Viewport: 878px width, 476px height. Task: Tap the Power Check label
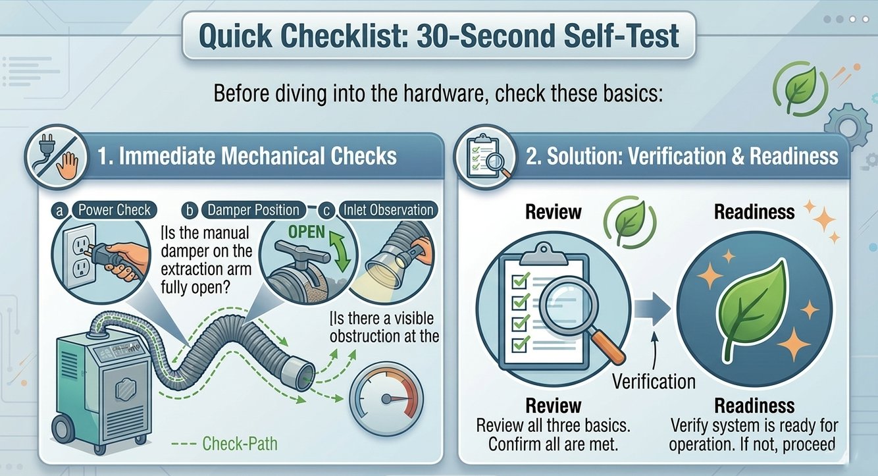click(x=115, y=210)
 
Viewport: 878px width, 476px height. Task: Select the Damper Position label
click(x=253, y=210)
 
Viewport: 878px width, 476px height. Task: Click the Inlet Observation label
click(x=388, y=210)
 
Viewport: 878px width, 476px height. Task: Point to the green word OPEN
click(x=307, y=232)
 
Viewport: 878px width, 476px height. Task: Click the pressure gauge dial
click(x=386, y=399)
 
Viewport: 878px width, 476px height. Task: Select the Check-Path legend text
click(x=240, y=444)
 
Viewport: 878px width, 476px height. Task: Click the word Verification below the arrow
click(x=654, y=381)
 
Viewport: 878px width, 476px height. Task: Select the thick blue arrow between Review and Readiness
click(x=652, y=309)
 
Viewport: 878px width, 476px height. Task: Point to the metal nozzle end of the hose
click(x=301, y=375)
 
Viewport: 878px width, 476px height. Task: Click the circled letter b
click(x=190, y=211)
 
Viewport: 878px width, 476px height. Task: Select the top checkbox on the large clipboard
click(x=521, y=280)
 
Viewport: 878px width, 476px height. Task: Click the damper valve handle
click(x=302, y=251)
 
